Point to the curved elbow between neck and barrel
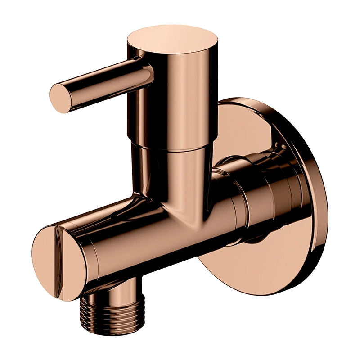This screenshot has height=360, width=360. pos(148,198)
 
